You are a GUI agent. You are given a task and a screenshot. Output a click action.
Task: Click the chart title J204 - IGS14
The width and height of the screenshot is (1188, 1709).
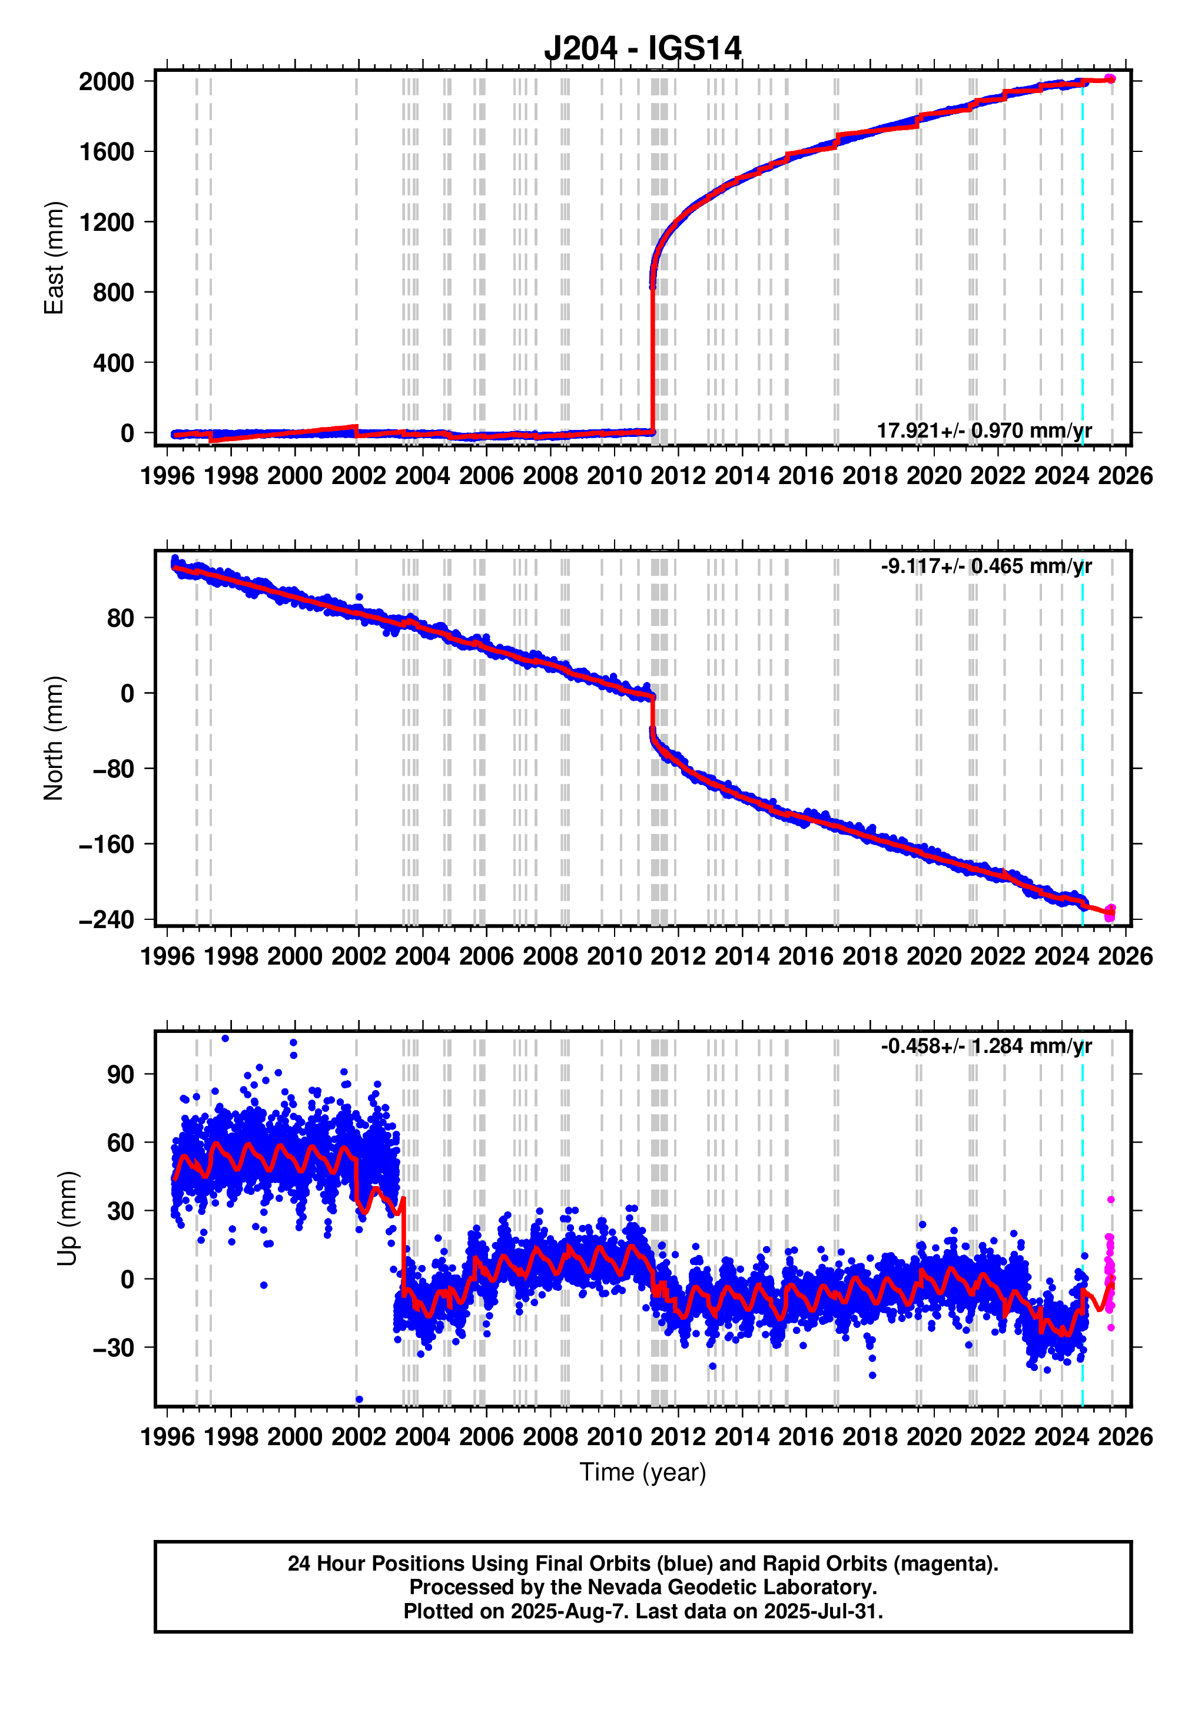tap(642, 49)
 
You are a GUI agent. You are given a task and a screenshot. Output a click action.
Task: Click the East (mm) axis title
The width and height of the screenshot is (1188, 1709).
tap(54, 259)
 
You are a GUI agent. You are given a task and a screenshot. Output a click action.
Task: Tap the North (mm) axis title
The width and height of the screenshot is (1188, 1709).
tap(54, 738)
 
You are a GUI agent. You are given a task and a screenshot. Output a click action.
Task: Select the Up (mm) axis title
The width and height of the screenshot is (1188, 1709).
tap(67, 1218)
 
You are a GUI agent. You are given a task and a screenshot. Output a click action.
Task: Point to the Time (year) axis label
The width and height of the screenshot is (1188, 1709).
tap(642, 1472)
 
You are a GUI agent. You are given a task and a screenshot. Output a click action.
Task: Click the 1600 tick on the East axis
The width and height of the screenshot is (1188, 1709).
tap(107, 152)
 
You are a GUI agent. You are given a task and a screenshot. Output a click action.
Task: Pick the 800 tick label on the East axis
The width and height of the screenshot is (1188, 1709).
tap(113, 293)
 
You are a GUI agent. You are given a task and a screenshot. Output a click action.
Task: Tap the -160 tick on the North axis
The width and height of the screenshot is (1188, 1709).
tap(107, 844)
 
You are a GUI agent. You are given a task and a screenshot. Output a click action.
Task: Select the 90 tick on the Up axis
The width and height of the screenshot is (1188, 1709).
tap(121, 1074)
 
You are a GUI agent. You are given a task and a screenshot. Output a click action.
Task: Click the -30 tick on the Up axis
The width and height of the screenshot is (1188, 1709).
tap(113, 1347)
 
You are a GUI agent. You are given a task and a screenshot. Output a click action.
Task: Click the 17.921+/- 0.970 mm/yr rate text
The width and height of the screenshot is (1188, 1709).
tap(984, 430)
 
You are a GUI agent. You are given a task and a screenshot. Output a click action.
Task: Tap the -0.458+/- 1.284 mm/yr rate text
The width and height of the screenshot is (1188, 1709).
tap(985, 1046)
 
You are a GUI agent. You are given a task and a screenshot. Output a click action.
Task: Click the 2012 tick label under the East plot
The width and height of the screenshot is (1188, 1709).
tap(678, 476)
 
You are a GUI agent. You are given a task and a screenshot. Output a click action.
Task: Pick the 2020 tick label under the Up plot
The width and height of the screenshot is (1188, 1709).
tap(934, 1436)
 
